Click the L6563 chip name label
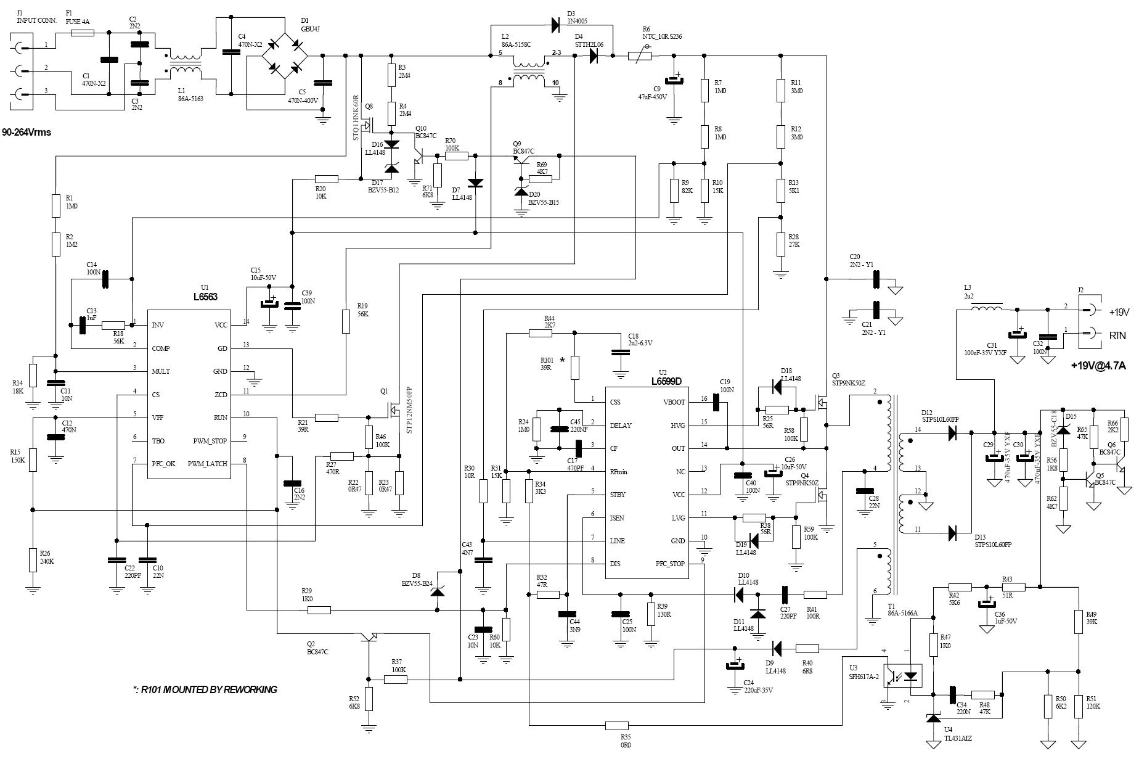205,297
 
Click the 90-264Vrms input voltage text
27,133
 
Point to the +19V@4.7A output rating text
1098,365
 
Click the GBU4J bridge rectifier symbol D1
285,56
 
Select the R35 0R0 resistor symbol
616,726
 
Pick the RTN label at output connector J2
1117,335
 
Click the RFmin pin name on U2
619,472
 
